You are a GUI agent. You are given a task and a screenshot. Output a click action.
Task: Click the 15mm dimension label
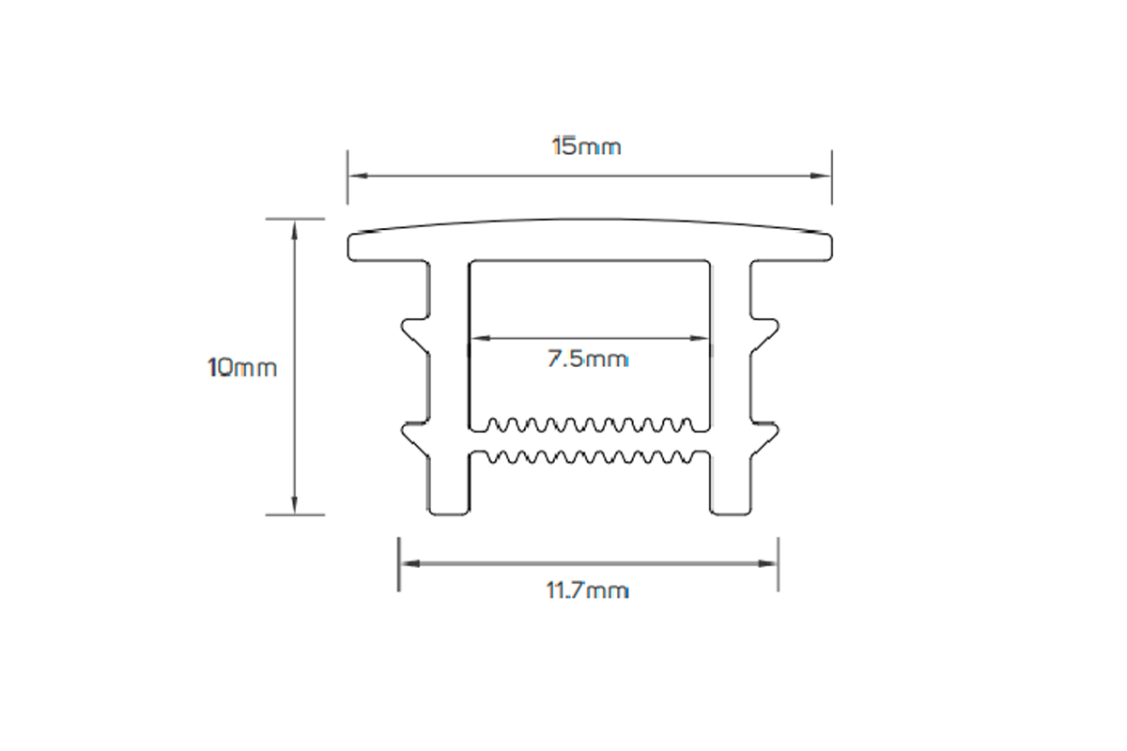(x=586, y=147)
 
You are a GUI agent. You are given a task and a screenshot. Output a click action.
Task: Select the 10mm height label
(x=242, y=367)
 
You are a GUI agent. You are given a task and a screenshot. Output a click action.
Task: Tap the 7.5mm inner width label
(x=588, y=359)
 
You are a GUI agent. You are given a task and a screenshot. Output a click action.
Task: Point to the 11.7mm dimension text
(x=587, y=590)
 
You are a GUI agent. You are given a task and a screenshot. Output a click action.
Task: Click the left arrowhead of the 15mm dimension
(x=355, y=176)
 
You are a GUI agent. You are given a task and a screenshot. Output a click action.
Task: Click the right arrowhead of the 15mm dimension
(x=824, y=176)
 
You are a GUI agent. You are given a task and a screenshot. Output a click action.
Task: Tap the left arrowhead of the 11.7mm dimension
(x=406, y=563)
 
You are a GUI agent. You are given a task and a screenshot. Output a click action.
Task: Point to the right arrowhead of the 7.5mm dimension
(x=703, y=337)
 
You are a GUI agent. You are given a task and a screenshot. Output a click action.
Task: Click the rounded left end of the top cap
(x=355, y=245)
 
